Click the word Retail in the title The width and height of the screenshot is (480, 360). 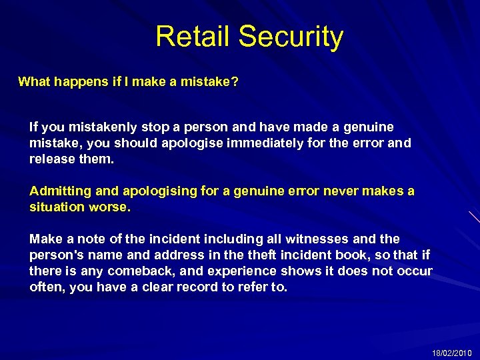tap(193, 37)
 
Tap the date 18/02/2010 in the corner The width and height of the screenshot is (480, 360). tap(451, 352)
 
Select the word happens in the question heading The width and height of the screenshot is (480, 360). tap(81, 82)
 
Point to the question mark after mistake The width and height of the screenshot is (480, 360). tap(235, 82)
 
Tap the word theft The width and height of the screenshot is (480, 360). tap(261, 255)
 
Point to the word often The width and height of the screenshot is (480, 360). tap(45, 287)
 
